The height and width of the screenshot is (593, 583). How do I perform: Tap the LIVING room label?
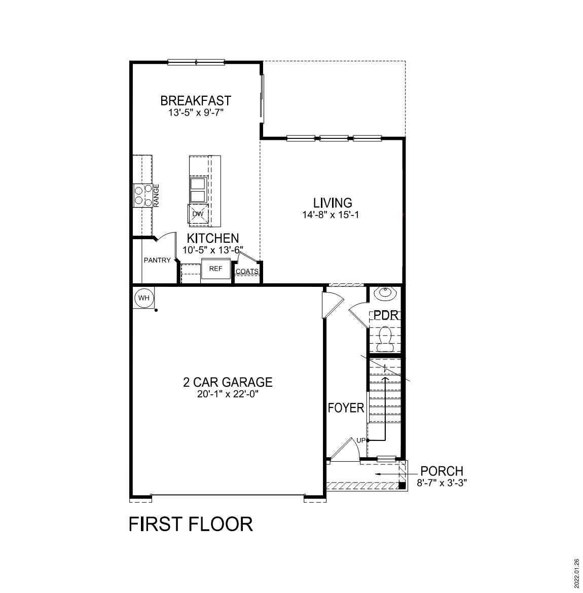[x=333, y=203]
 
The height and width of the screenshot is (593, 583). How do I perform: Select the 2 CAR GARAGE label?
[x=228, y=382]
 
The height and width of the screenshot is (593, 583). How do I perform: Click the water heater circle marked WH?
[x=144, y=298]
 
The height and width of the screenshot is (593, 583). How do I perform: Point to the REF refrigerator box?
[x=216, y=269]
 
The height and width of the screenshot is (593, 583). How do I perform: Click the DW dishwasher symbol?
[x=198, y=214]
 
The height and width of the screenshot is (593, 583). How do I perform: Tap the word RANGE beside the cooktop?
[x=157, y=195]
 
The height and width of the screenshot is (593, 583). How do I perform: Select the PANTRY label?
[x=157, y=261]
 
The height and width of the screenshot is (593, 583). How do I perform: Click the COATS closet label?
[x=247, y=272]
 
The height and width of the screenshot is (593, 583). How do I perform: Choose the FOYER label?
[x=346, y=408]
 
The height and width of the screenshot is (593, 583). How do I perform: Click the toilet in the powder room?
[x=386, y=338]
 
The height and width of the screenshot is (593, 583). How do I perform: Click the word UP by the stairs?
[x=361, y=440]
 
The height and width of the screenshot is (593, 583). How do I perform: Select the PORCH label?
[x=442, y=471]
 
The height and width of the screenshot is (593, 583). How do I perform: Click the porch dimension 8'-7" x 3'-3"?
[x=442, y=483]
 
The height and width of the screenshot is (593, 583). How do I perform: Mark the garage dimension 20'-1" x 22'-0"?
[x=228, y=394]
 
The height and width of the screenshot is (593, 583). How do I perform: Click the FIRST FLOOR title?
[x=191, y=524]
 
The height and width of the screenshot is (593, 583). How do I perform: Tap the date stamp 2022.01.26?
[x=576, y=572]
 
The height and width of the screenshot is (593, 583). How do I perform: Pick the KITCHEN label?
[x=213, y=238]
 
